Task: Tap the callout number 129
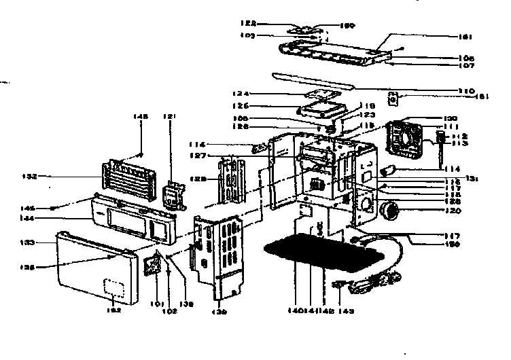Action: tap(200, 178)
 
